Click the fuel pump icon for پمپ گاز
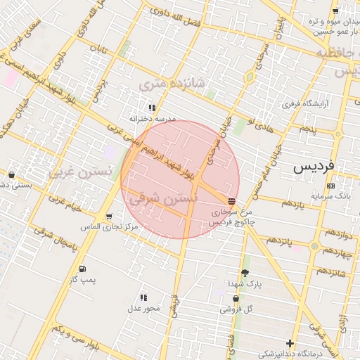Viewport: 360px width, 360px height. tap(82, 269)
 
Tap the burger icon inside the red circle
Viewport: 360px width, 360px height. tap(232, 201)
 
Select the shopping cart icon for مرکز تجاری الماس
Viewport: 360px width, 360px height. tap(108, 217)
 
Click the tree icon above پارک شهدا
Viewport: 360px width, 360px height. tap(245, 273)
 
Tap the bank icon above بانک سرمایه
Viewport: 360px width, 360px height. tap(331, 186)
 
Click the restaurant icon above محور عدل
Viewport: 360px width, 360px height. tap(144, 297)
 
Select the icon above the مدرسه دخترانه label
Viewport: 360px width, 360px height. tap(152, 108)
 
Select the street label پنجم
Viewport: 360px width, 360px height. tap(307, 130)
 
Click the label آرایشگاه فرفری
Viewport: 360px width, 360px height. tap(301, 104)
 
